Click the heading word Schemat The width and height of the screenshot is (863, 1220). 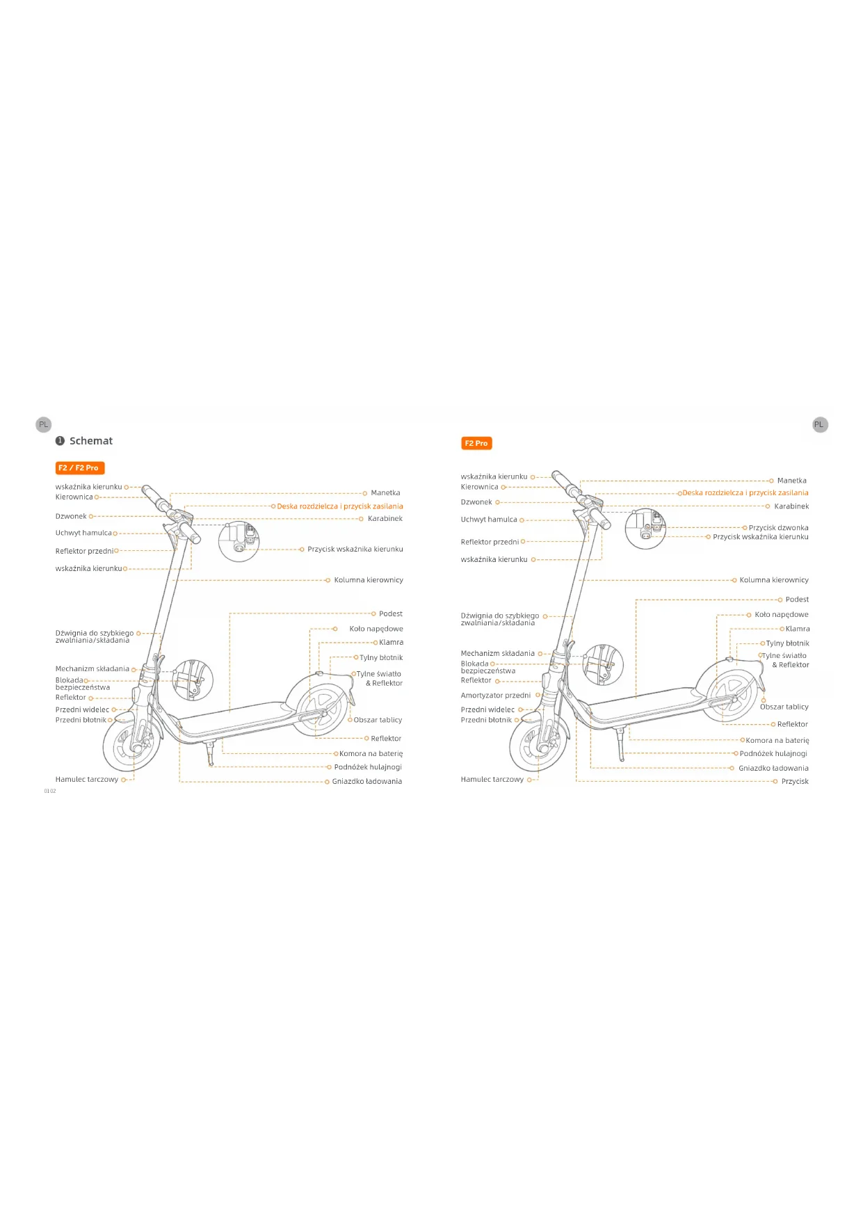[x=90, y=441]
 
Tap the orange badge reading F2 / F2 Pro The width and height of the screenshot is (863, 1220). [x=79, y=468]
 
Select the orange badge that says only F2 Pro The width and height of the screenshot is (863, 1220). [x=476, y=443]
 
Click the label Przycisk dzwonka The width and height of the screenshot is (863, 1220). [x=778, y=528]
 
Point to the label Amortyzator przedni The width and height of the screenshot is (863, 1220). [x=495, y=696]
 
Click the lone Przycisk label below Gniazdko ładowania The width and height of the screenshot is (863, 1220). [x=794, y=782]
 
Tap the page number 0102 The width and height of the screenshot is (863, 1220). [x=50, y=792]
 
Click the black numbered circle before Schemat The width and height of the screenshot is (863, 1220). [x=60, y=441]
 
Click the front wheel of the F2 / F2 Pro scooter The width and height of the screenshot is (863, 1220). [x=132, y=745]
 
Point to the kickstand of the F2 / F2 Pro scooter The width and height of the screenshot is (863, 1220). [x=209, y=754]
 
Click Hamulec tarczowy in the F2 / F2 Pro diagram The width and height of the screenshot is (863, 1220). [x=87, y=780]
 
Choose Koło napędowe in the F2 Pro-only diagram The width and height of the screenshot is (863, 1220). [x=781, y=615]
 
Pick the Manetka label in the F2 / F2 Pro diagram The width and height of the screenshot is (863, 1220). [x=385, y=493]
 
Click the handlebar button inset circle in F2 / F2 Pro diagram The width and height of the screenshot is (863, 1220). [x=239, y=541]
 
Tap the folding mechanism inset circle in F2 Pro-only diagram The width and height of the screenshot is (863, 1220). [x=602, y=664]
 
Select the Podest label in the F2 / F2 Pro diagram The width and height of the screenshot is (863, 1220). [x=390, y=614]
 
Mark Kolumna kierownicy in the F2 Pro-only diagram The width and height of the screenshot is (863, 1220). [x=773, y=580]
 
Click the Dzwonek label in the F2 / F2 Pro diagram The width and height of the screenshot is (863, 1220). [x=71, y=517]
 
